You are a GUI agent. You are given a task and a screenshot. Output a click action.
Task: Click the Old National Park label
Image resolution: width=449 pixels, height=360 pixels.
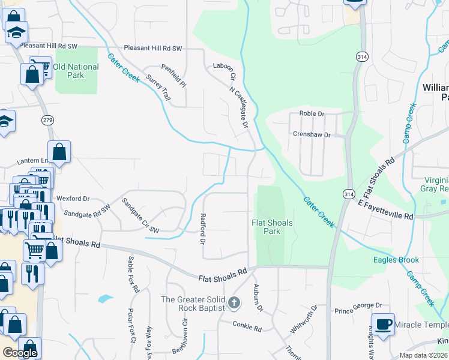[x=76, y=71]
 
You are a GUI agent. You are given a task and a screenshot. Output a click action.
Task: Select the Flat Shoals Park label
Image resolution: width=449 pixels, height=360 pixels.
[x=272, y=227]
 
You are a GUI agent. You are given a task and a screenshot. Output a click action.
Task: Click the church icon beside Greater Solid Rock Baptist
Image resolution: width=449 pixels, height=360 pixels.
[x=234, y=303]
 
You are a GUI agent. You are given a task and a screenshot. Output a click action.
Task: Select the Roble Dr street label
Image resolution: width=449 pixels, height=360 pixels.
[x=312, y=113]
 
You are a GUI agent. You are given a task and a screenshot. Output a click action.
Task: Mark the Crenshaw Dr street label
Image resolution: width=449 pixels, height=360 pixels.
[x=311, y=135]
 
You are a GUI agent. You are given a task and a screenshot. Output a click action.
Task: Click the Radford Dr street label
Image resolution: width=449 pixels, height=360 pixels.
[x=203, y=229]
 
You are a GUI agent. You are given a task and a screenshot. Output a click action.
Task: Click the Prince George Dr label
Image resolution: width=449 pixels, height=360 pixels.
[x=358, y=310]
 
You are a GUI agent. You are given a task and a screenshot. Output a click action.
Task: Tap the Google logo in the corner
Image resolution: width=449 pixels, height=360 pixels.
[x=20, y=353]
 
